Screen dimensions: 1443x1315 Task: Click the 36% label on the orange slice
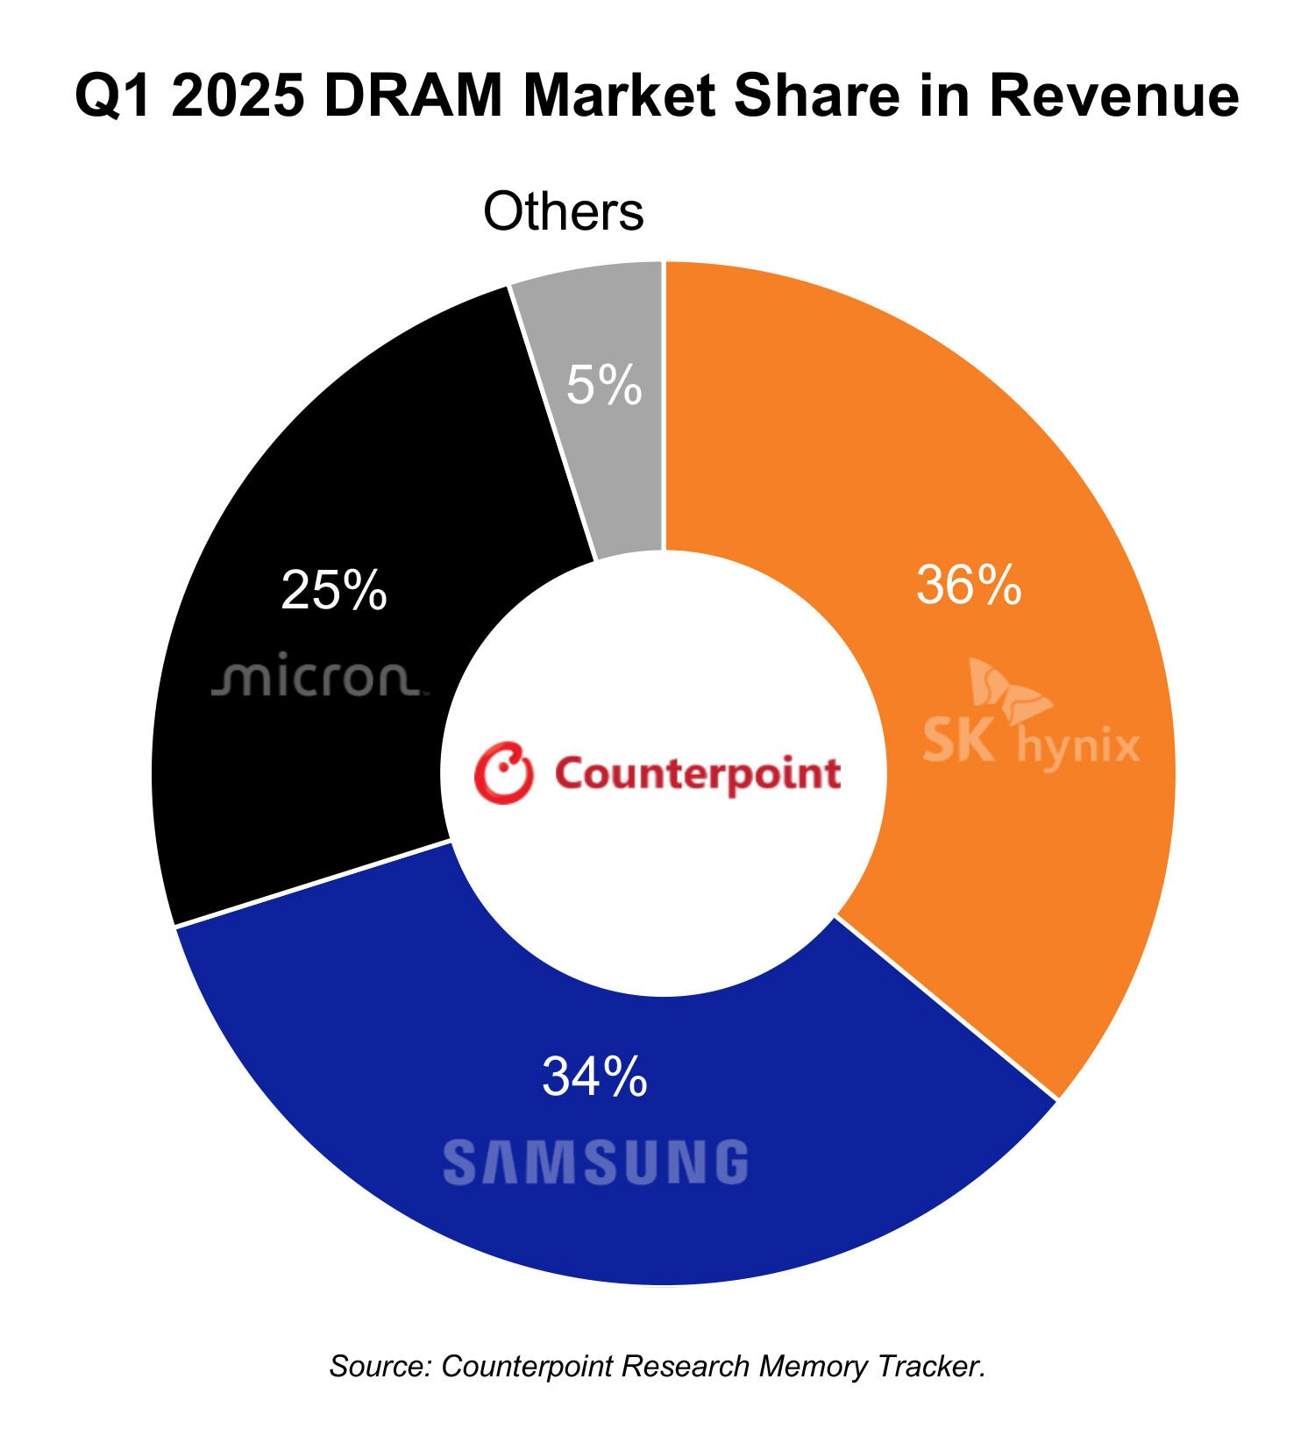[968, 585]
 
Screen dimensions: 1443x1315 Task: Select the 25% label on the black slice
[334, 590]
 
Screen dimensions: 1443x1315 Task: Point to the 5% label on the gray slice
[604, 385]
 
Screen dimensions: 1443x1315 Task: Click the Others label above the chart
[564, 211]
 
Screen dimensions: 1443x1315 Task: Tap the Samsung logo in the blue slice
[595, 1162]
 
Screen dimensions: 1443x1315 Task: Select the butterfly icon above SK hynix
[1008, 689]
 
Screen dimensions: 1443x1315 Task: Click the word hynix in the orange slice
[1078, 747]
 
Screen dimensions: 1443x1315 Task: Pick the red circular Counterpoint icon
[503, 773]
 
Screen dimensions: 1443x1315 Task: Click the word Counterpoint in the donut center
[698, 774]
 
